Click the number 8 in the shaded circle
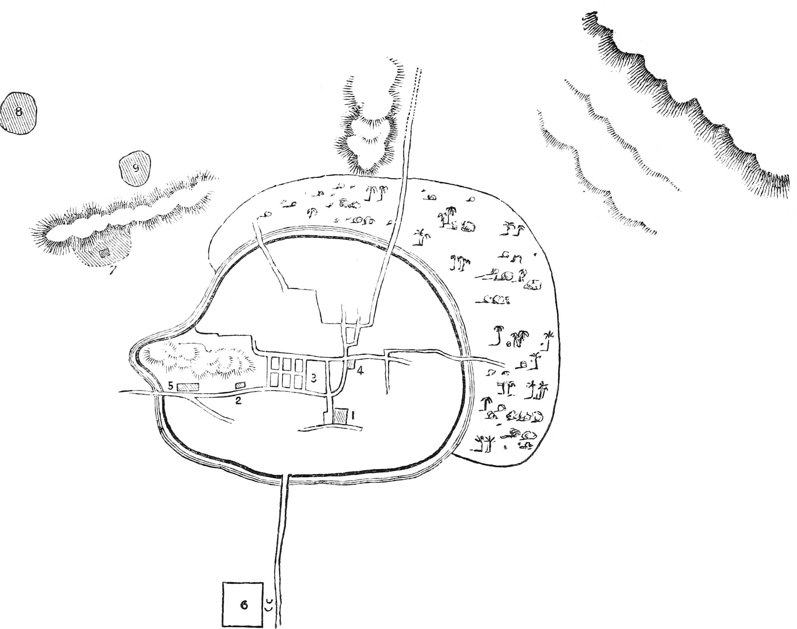pos(18,111)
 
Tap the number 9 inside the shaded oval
pos(136,168)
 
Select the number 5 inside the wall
pos(170,386)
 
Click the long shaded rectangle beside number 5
pos(188,387)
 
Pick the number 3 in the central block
pos(313,378)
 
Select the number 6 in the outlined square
pos(244,605)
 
